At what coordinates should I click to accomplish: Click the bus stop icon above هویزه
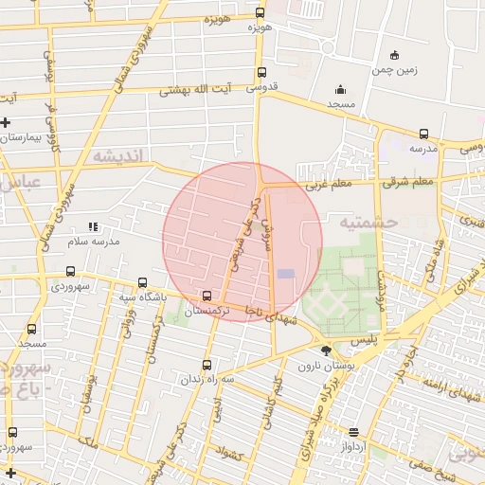click(260, 13)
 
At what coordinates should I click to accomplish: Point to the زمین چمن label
click(395, 69)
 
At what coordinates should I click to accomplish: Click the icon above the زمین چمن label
click(395, 54)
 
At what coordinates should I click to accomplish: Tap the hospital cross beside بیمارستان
click(7, 122)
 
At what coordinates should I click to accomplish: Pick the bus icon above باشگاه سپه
click(142, 282)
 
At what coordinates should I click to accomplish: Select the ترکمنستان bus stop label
click(207, 311)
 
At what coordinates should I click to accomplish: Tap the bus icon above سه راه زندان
click(207, 365)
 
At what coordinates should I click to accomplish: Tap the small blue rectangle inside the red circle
click(286, 274)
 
